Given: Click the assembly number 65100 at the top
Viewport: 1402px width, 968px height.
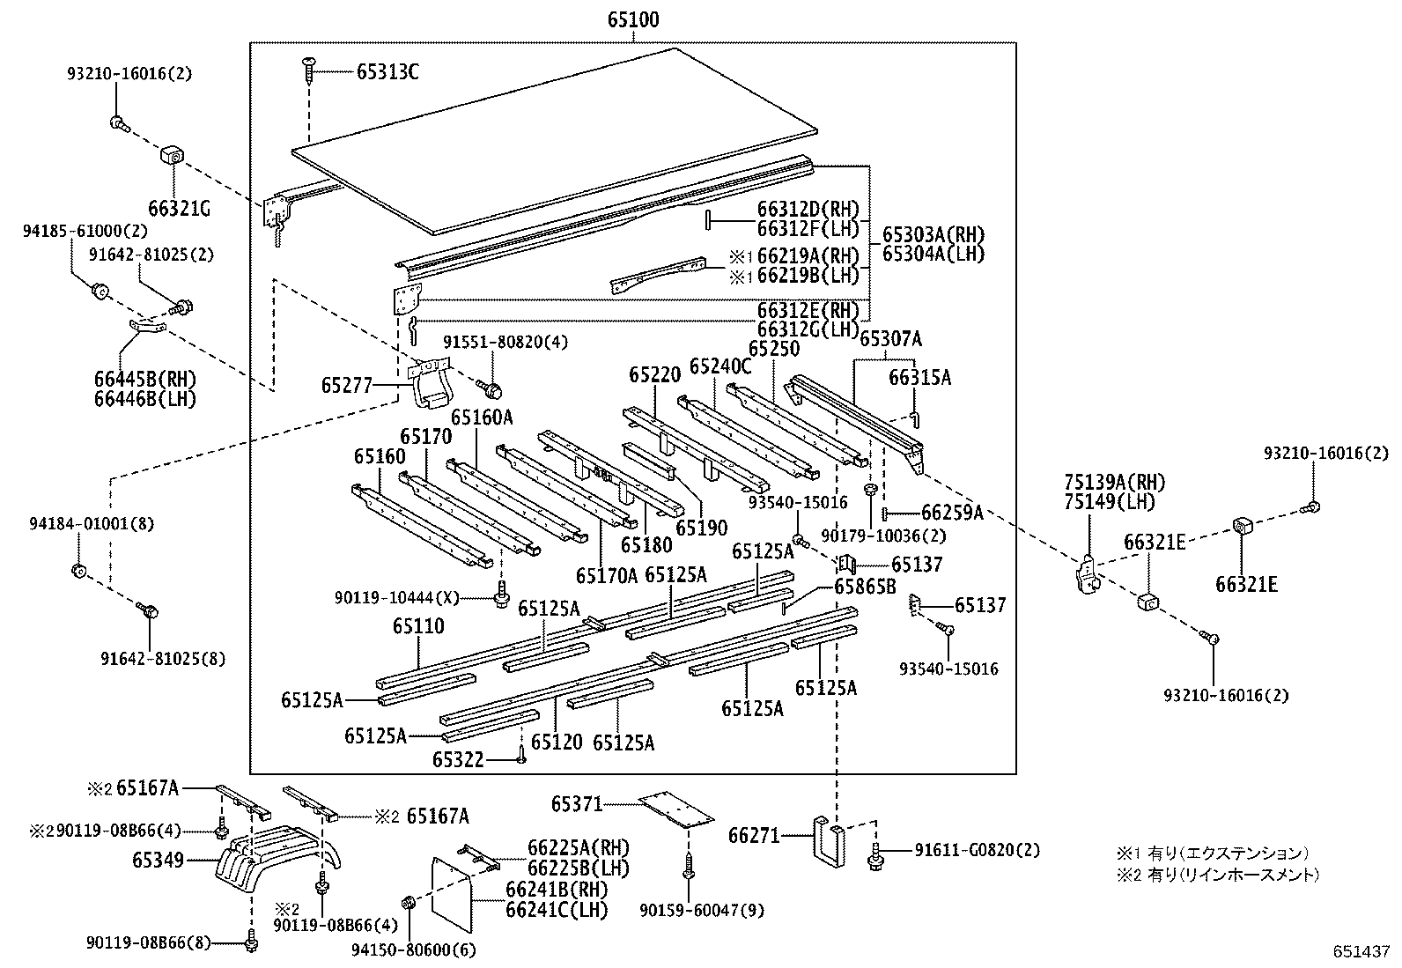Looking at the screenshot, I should pos(632,19).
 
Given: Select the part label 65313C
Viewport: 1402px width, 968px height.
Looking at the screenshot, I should pos(387,72).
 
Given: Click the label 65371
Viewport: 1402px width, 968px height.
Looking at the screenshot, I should pos(577,803).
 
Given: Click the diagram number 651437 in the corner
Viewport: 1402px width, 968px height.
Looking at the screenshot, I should pos(1360,952).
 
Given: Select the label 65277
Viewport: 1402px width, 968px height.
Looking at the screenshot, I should pos(347,385).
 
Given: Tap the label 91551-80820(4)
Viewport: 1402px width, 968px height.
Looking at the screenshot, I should pos(493,342).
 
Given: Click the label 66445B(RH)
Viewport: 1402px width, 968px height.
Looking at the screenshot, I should pos(145,380).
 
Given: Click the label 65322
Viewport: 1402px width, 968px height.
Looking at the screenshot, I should pos(458,758).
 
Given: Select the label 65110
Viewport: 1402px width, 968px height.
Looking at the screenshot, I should pos(418,626).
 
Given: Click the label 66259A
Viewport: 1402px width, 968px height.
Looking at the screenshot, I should pos(952,513).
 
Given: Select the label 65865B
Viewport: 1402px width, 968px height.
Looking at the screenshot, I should pos(865,587).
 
